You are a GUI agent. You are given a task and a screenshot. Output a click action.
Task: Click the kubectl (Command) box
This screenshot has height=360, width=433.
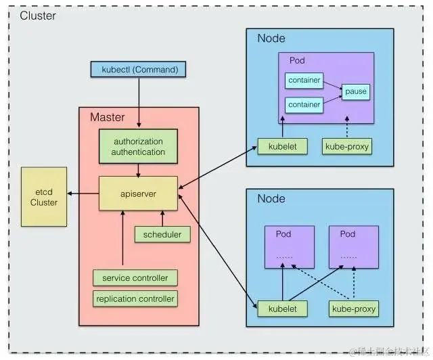tap(138, 69)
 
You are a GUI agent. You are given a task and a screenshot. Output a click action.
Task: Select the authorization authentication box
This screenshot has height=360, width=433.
tap(139, 147)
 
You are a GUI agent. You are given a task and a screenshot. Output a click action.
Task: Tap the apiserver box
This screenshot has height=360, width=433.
tap(138, 193)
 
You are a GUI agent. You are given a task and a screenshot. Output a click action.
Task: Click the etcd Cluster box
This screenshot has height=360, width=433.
tap(44, 197)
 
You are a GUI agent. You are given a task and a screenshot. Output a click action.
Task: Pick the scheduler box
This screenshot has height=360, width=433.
tap(162, 234)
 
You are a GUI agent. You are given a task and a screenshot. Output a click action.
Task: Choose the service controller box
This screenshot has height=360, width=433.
tap(135, 278)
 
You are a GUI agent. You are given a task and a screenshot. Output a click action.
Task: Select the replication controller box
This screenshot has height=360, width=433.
tap(135, 298)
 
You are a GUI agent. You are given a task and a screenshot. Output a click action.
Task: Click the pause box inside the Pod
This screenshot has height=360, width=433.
tap(356, 91)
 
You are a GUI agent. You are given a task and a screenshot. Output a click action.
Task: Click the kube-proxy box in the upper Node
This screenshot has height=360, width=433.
tap(347, 145)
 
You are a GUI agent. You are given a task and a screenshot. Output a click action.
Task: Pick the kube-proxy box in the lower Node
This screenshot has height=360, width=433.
tap(352, 309)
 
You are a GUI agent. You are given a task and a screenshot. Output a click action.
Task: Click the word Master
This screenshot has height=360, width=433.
tap(108, 117)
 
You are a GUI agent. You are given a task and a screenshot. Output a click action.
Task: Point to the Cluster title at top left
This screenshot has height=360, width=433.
tap(38, 16)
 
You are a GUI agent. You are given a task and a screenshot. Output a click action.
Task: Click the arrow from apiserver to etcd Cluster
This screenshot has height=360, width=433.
tap(83, 194)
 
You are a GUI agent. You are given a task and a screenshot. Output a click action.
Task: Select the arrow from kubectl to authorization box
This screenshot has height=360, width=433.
tap(139, 102)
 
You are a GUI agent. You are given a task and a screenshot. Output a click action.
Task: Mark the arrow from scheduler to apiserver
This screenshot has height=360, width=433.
tap(162, 218)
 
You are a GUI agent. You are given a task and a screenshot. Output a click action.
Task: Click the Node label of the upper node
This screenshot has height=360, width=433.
tap(271, 38)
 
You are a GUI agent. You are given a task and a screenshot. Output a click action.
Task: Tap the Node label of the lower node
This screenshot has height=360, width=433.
tap(271, 199)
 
